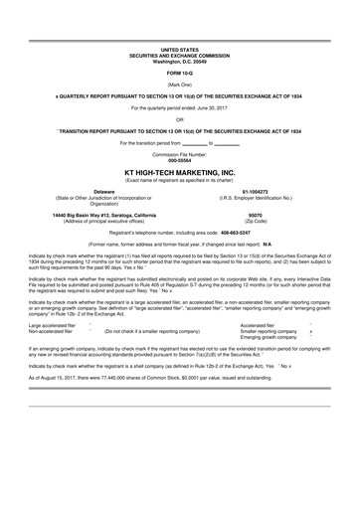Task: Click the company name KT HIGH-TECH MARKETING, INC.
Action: click(180, 171)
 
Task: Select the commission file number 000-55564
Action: click(180, 160)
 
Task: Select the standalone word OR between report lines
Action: click(180, 119)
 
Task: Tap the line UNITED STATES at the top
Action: click(180, 48)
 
